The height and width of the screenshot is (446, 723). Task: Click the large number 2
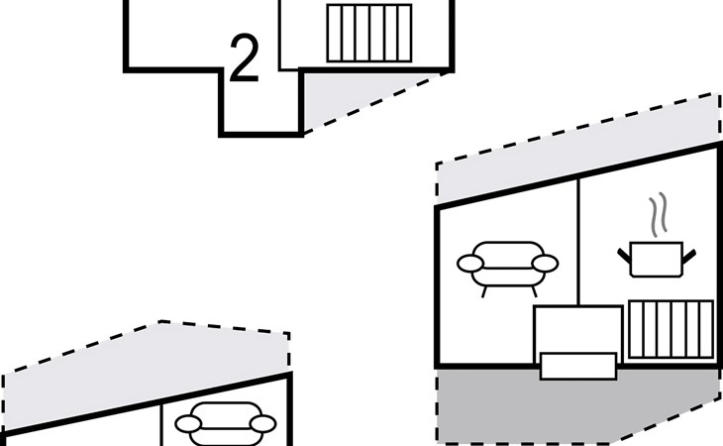244,58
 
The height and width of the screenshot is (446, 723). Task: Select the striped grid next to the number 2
368,33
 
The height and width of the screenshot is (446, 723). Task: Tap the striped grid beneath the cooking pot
671,329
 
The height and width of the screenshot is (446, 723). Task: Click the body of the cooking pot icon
656,260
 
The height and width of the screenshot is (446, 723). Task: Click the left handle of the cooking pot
624,256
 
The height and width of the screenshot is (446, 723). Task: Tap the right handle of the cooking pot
689,257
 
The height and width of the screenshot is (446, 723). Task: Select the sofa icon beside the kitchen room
508,269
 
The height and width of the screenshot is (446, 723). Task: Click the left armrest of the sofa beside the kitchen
470,264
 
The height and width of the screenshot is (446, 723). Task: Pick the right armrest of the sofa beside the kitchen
545,264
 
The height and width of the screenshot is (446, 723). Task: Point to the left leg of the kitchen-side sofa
483,292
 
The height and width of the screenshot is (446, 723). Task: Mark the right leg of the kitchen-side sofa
535,292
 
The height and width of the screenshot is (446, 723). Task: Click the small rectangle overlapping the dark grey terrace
578,366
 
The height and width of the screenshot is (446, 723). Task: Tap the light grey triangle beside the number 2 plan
351,94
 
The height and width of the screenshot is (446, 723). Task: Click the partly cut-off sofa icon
226,424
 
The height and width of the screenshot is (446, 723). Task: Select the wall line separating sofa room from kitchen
578,241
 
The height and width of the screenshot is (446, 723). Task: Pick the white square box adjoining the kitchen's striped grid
578,328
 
